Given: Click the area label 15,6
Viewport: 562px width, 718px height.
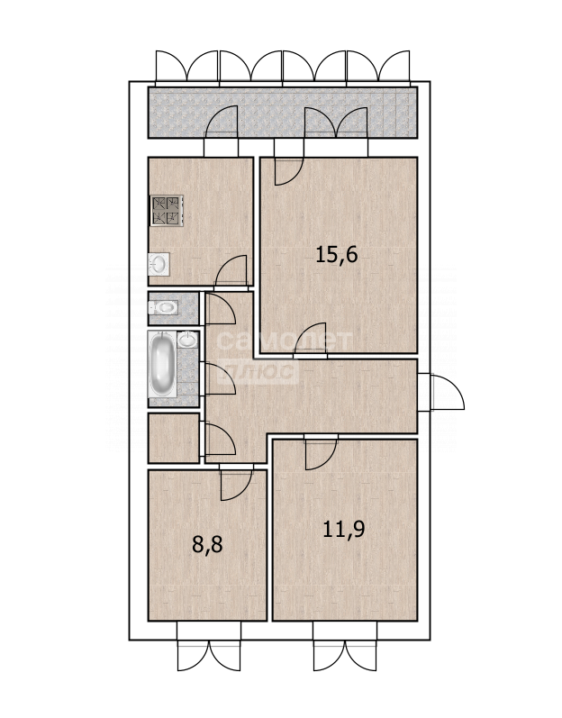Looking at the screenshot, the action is (336, 255).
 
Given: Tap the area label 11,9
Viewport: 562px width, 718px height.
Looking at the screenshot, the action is (344, 530).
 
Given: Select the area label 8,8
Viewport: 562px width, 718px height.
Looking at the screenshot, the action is (207, 545).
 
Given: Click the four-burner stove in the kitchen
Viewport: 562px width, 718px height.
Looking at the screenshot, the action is (167, 211).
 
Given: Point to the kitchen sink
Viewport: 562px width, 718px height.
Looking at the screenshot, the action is (159, 264).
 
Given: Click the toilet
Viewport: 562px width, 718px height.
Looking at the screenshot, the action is (163, 307).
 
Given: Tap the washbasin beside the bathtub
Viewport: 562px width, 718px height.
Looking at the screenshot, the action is (187, 341).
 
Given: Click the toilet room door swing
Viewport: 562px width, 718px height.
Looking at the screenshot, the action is (221, 309).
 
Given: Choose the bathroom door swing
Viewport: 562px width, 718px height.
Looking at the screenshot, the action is (221, 378).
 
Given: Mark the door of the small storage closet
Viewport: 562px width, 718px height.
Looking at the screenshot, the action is (221, 440).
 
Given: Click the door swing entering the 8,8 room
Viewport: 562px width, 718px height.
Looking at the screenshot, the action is (236, 486).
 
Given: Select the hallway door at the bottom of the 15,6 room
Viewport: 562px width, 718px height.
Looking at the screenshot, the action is (311, 338).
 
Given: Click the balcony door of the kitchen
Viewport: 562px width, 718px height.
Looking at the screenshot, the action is (222, 122).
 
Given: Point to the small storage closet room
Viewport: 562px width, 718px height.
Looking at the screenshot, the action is (174, 438).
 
